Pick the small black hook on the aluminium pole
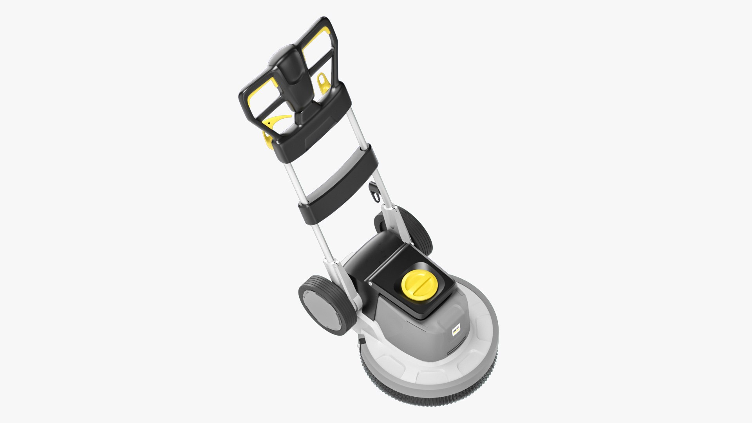point(375,192)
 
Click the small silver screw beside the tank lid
point(369,282)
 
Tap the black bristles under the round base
point(431,396)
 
